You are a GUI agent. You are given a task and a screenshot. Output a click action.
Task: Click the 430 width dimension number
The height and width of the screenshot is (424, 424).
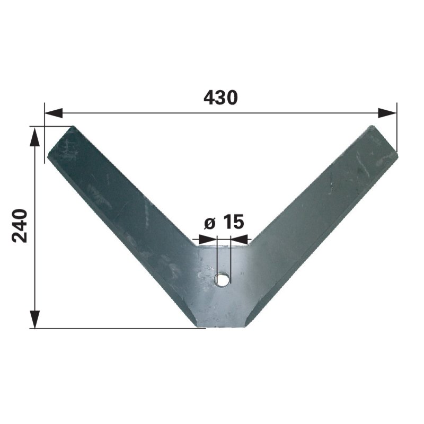[220, 98]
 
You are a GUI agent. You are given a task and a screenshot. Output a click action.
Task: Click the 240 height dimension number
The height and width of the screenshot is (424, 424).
[20, 226]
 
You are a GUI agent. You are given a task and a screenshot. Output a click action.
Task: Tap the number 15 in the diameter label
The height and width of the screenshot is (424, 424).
[234, 222]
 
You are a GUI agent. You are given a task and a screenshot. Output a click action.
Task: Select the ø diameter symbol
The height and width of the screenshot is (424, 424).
[209, 223]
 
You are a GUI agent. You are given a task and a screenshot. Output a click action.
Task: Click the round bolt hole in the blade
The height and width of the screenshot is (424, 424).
[222, 279]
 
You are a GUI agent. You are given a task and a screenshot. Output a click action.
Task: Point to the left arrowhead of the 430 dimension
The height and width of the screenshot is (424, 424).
[54, 113]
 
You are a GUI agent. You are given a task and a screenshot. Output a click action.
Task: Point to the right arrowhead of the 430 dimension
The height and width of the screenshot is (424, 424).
[387, 113]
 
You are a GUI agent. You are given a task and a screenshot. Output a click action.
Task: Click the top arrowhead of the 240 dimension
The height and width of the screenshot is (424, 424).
[34, 137]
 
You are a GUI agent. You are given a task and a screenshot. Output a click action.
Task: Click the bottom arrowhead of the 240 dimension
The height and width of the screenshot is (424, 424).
[34, 319]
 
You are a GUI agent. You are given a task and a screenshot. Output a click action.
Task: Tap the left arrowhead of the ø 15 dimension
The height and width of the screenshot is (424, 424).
[208, 239]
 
